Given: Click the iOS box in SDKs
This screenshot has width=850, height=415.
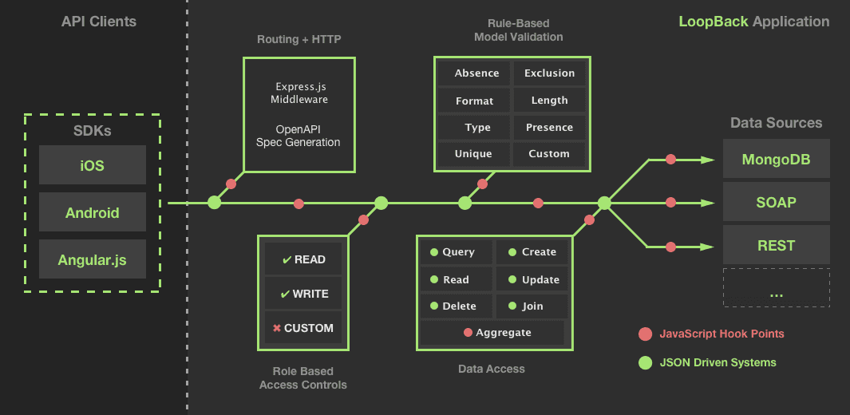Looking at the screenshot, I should (93, 165).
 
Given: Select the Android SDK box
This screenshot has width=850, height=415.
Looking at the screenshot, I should (93, 212).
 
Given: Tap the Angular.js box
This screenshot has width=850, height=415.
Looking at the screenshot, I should (93, 259).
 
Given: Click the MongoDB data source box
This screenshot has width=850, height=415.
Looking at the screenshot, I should (776, 159).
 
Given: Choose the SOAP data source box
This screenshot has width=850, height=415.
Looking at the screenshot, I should (776, 202).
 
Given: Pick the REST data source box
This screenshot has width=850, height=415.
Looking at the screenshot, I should (776, 245).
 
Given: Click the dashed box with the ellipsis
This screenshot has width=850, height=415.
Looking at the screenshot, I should (776, 288).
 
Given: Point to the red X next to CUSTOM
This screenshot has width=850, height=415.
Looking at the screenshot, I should (276, 328).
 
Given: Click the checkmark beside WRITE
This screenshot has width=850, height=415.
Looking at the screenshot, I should (285, 294).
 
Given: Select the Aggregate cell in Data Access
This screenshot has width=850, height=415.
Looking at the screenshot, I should (492, 332).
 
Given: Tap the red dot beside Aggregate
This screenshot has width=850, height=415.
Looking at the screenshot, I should (468, 333).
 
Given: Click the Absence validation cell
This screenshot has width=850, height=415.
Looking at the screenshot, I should (476, 73).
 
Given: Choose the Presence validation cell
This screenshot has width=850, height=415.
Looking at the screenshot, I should (549, 128).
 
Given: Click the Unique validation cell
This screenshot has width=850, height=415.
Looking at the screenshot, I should (473, 154).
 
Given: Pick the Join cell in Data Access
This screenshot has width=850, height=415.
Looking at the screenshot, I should (532, 306).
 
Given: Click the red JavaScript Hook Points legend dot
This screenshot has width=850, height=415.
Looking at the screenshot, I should (646, 334).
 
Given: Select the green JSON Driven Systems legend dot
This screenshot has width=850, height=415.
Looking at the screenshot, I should (646, 362).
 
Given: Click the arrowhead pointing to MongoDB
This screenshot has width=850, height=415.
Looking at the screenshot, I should (707, 160).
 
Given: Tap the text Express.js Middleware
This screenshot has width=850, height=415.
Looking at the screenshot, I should (298, 93).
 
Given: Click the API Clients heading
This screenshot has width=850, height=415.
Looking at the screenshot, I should (99, 22).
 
